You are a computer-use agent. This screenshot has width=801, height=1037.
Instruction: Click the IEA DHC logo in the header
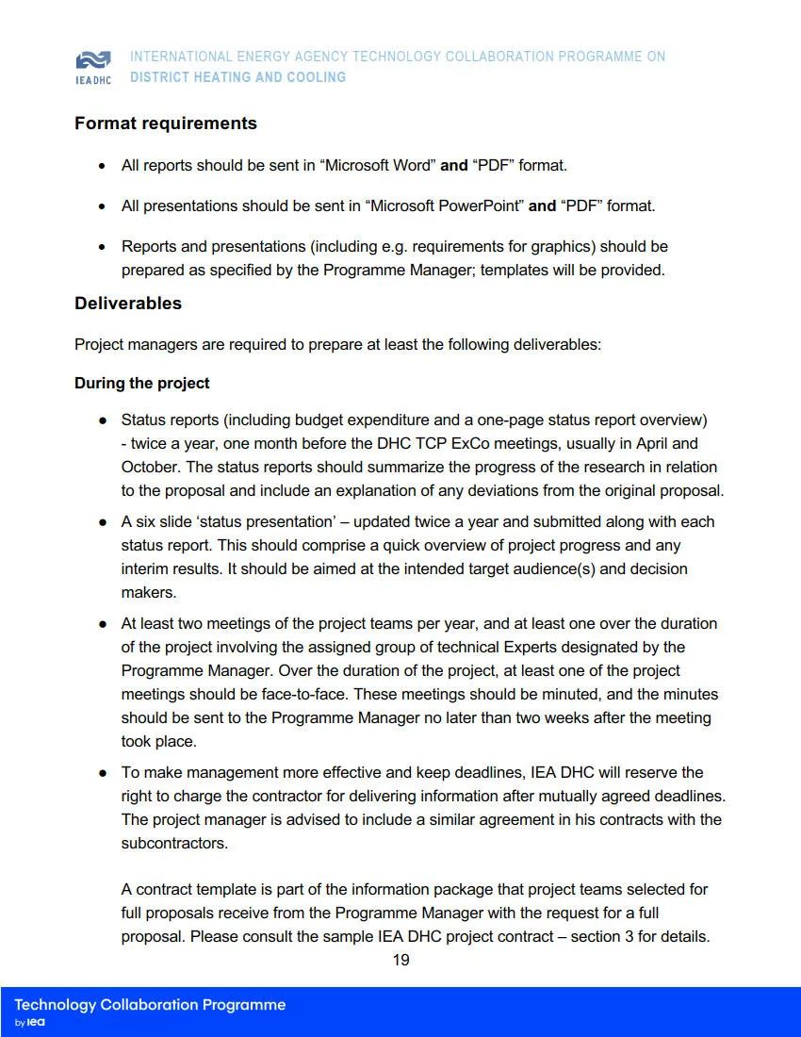(x=92, y=66)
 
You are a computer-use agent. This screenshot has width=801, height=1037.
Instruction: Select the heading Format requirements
(x=166, y=123)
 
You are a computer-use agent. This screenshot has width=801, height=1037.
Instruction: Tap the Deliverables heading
(x=128, y=304)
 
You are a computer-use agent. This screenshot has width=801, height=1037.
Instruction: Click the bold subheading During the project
(x=142, y=383)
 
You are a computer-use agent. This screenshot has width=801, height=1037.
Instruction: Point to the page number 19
(x=400, y=960)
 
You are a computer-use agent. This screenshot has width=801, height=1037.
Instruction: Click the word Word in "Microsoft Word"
(x=415, y=165)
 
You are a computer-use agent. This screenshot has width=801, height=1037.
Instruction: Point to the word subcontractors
(x=174, y=843)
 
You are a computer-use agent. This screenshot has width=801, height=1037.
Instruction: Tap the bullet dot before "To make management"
(x=102, y=773)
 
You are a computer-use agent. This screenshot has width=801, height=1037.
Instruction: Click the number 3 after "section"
(x=629, y=936)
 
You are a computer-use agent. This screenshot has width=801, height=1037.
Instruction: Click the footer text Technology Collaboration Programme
(x=150, y=1004)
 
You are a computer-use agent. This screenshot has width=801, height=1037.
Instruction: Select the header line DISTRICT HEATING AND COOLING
(x=237, y=77)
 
